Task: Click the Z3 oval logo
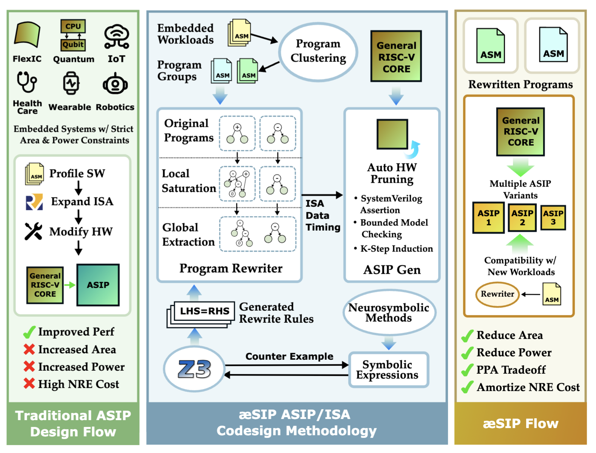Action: pos(195,369)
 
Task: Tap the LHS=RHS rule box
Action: pos(204,311)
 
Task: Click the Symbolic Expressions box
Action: pos(388,370)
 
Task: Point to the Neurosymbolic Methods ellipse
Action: pos(389,313)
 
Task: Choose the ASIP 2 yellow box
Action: pos(522,218)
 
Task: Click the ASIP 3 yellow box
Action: pos(553,218)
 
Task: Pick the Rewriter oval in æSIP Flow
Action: pos(497,294)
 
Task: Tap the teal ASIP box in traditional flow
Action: pos(98,285)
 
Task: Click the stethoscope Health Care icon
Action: pos(26,82)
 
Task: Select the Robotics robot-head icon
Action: pos(115,84)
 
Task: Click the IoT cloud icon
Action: pos(117,37)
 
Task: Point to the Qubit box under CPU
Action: pos(73,45)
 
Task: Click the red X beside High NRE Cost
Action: pos(29,384)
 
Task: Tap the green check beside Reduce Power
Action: pos(468,353)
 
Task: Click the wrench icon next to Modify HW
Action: pos(33,231)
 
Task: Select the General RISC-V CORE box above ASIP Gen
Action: pos(396,57)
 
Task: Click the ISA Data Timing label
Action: pos(322,215)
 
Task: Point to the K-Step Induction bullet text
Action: pos(396,249)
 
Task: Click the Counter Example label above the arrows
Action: pos(289,356)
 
